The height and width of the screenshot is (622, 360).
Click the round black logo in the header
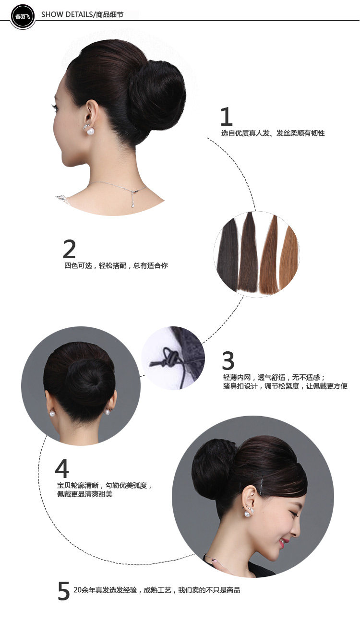tap(23, 16)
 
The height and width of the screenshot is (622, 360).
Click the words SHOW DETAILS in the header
tap(66, 14)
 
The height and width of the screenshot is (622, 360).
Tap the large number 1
tap(226, 117)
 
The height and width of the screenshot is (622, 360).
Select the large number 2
tap(69, 249)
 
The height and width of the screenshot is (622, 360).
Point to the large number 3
tap(228, 361)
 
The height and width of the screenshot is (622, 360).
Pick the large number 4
tap(62, 468)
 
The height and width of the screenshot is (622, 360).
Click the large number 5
tap(63, 591)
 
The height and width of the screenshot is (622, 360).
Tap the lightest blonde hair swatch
tap(289, 259)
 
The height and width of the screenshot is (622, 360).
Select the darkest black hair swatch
tap(228, 257)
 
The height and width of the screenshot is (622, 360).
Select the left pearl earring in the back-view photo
tap(51, 413)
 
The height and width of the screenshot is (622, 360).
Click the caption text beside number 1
tap(273, 133)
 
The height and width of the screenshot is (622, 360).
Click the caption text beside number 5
tap(156, 590)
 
